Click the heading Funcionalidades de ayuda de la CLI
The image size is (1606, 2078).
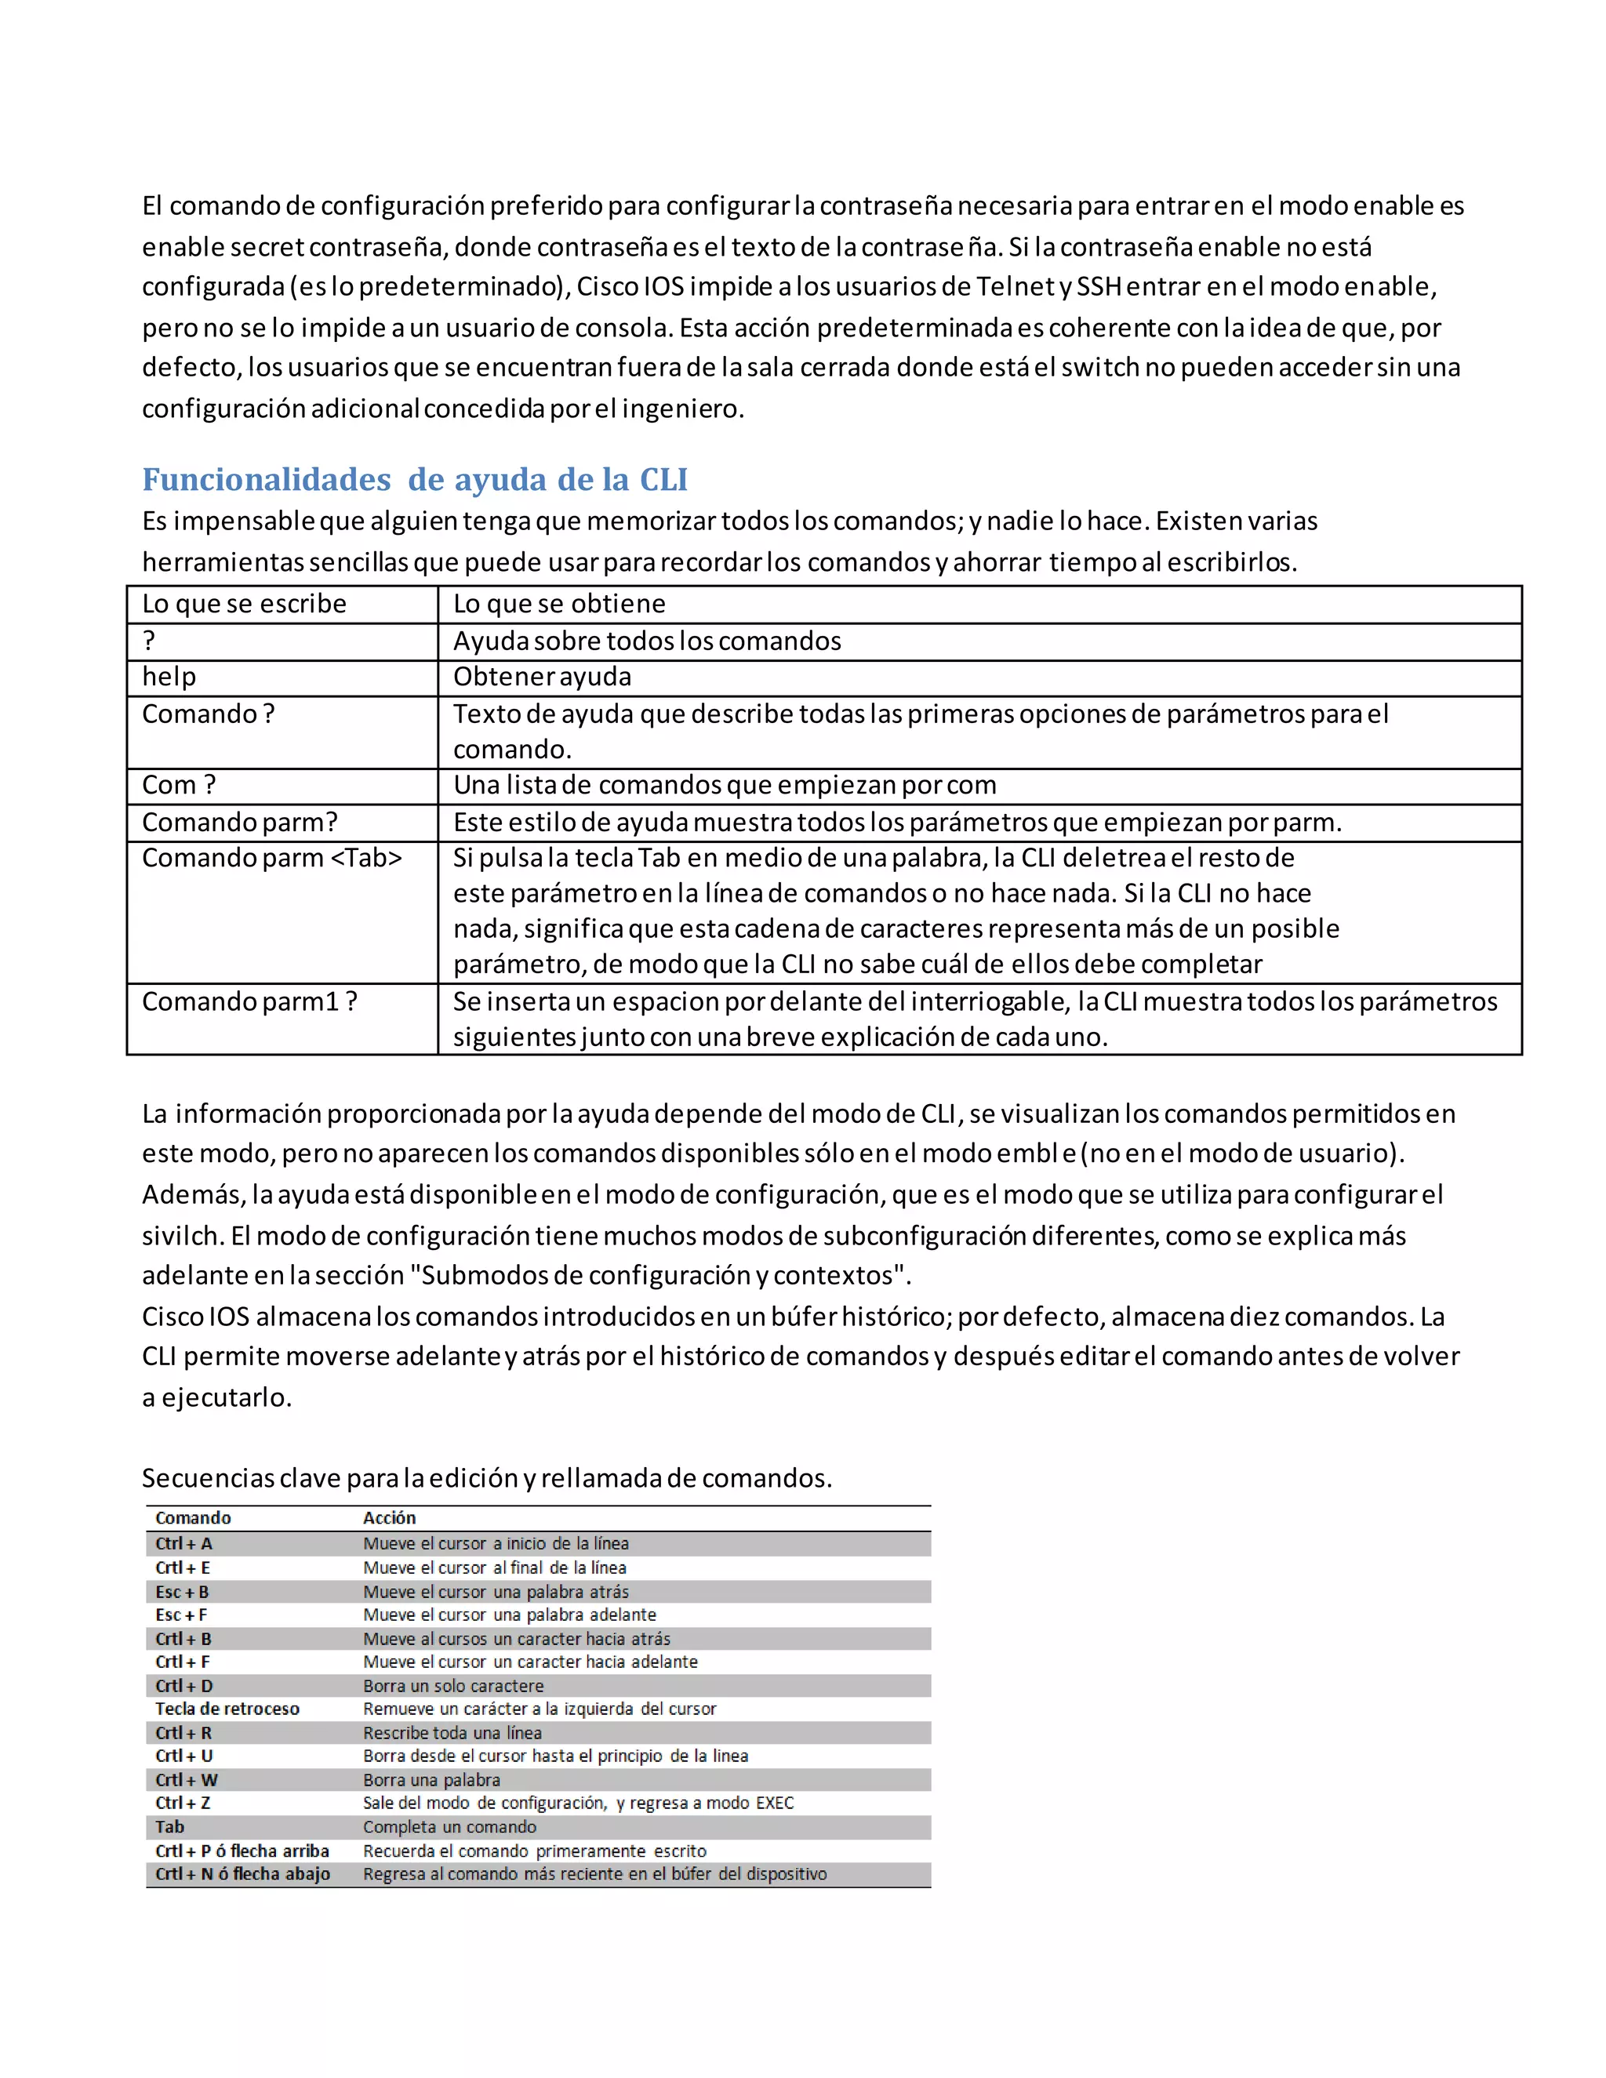415,480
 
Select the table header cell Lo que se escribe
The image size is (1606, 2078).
244,604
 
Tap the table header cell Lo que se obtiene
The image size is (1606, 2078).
559,604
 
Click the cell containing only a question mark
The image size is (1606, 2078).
149,641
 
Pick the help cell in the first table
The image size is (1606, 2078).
169,677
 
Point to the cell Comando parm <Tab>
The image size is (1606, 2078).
272,858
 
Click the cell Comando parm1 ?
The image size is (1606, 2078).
249,1002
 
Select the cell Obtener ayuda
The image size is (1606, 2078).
543,677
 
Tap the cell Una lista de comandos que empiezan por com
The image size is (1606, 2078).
725,785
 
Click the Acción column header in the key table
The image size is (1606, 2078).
389,1517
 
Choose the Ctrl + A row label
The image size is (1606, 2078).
183,1543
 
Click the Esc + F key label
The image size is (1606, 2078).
182,1615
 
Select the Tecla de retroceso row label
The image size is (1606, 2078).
227,1709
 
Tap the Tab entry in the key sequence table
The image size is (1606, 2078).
170,1827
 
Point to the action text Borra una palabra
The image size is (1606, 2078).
431,1780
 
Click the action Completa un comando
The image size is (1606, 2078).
449,1827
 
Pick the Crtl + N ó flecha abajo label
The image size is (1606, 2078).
242,1873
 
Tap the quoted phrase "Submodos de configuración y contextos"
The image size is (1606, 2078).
665,1275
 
